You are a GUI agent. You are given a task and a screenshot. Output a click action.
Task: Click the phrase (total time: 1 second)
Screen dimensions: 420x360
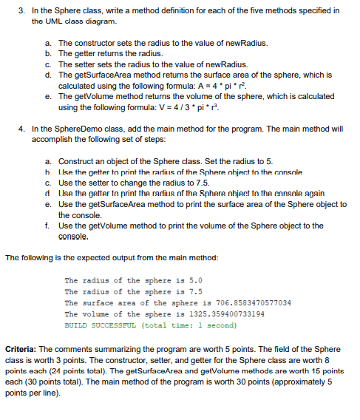pos(187,325)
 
